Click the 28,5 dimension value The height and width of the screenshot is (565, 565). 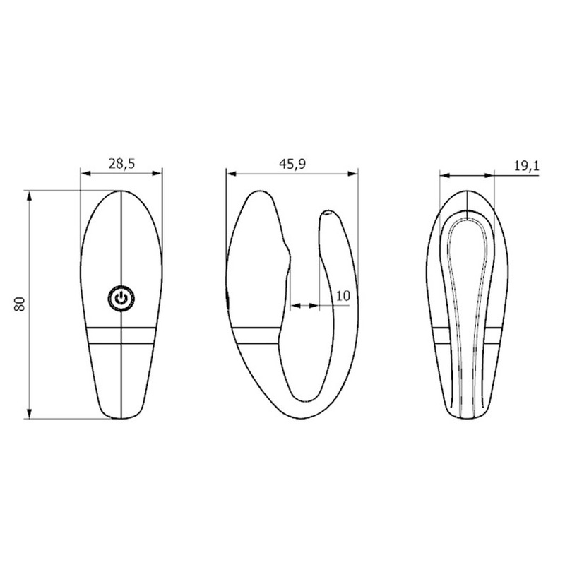pyautogui.click(x=121, y=164)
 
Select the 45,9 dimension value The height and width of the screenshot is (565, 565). pyautogui.click(x=292, y=164)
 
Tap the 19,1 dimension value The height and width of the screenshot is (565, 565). pyautogui.click(x=526, y=165)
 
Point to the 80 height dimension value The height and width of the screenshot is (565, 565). pyautogui.click(x=20, y=304)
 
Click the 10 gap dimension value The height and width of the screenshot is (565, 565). pyautogui.click(x=343, y=296)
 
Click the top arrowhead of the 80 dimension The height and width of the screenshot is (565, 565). pyautogui.click(x=29, y=196)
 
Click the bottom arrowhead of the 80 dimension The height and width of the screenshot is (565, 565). pyautogui.click(x=29, y=414)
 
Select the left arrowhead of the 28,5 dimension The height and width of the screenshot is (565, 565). pyautogui.click(x=85, y=173)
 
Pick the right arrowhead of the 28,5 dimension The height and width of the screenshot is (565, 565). pyautogui.click(x=157, y=173)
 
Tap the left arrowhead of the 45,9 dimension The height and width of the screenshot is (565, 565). pyautogui.click(x=232, y=174)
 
